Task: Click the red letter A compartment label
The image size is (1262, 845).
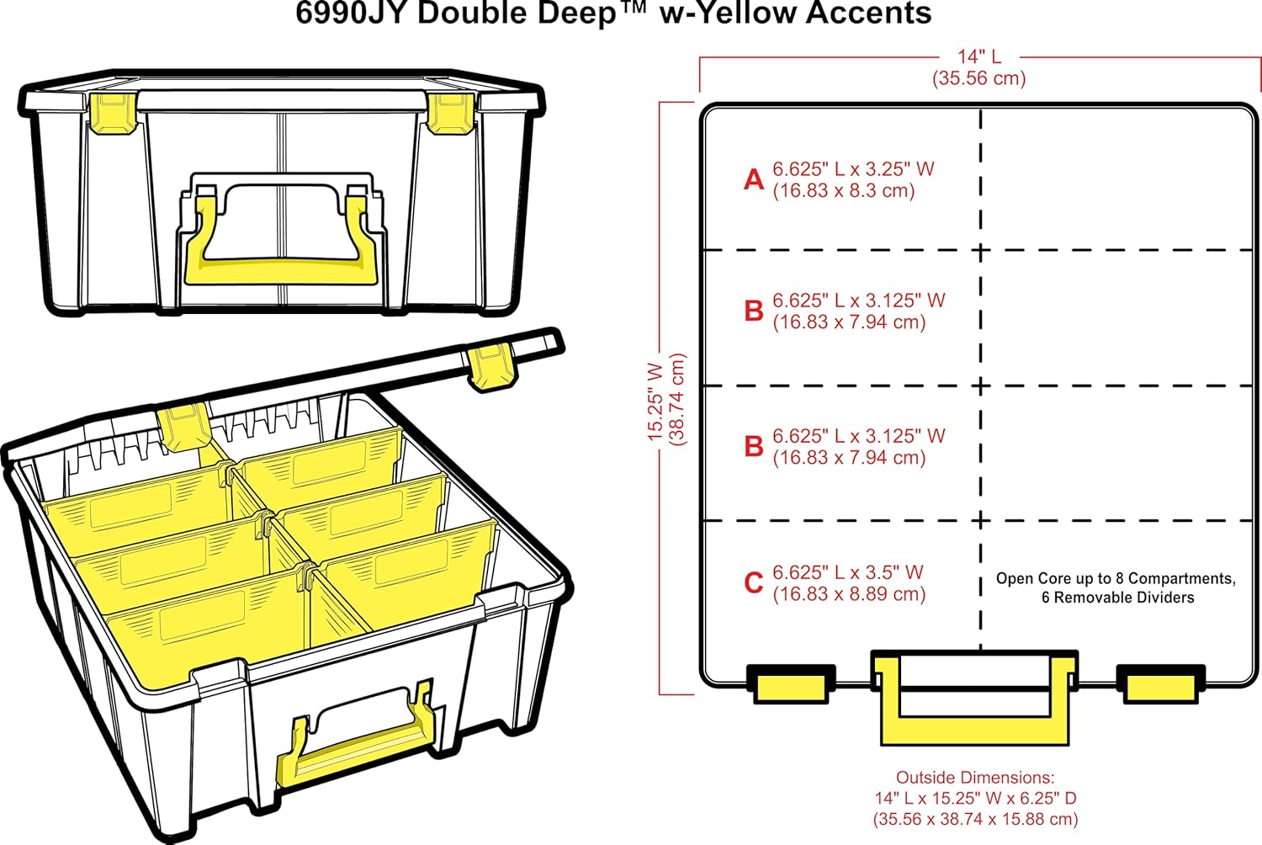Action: [754, 180]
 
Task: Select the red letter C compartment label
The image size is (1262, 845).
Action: [754, 582]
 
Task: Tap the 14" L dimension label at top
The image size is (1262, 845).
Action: [978, 56]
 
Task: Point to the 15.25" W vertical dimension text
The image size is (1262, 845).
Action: [656, 402]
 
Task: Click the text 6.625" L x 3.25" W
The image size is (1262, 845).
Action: [853, 169]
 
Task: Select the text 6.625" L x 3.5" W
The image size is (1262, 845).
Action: [848, 572]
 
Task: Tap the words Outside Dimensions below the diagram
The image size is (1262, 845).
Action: [974, 778]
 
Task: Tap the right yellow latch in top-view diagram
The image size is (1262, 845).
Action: [1160, 685]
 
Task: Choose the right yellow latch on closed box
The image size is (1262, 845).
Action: [450, 113]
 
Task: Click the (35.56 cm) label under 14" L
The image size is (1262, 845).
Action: [978, 78]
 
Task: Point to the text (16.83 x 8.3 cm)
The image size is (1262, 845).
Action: [843, 191]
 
